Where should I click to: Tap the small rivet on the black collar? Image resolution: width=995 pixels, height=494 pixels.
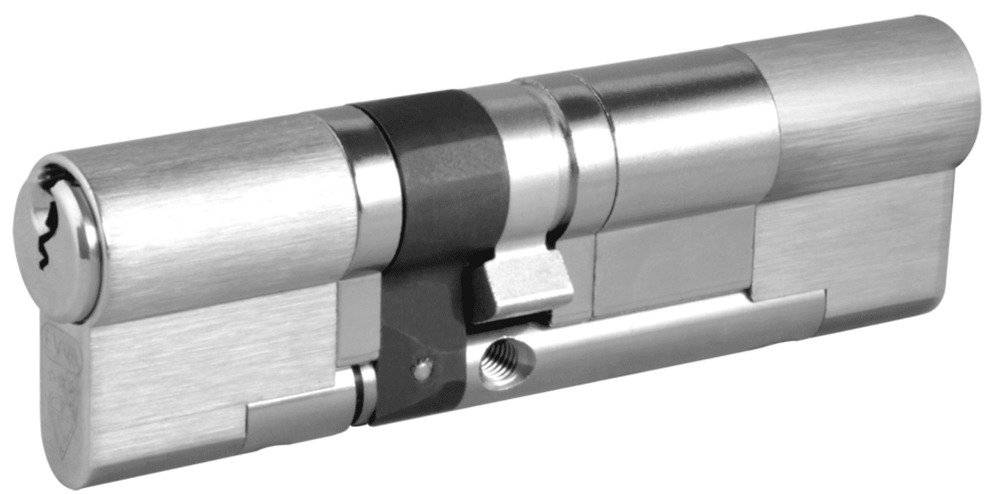[421, 369]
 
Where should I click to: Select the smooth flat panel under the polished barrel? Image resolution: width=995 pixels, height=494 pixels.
[672, 262]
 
